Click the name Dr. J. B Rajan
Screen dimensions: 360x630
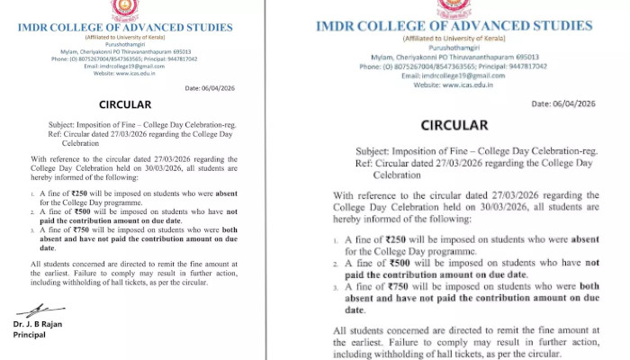click(x=39, y=324)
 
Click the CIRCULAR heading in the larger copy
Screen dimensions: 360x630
click(x=454, y=125)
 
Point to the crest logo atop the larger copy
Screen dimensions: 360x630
click(x=454, y=8)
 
